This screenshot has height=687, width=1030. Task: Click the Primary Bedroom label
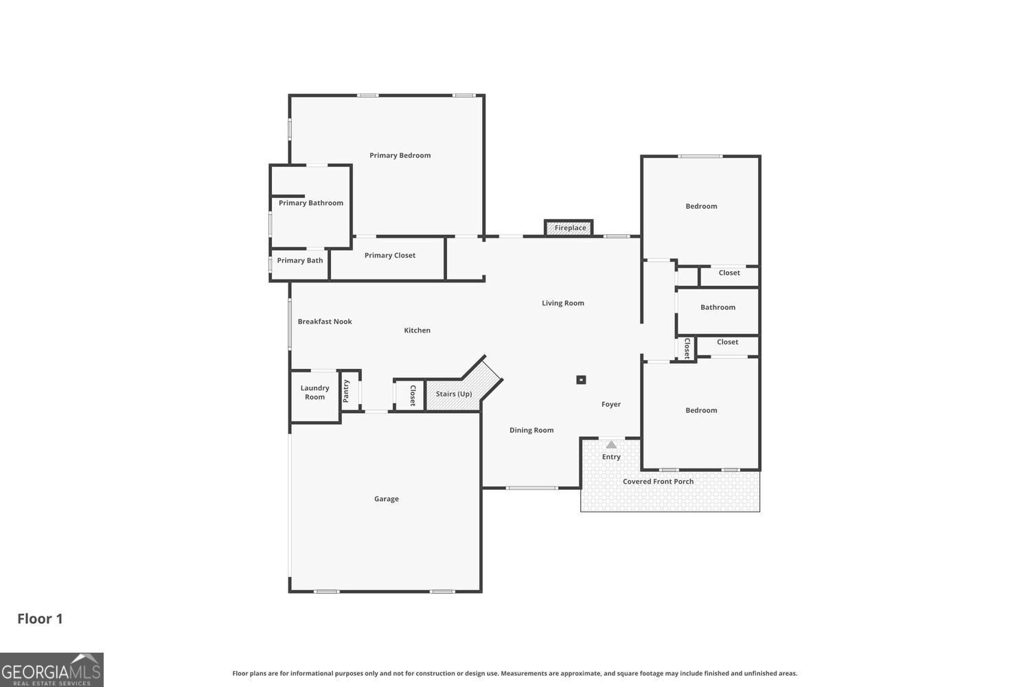click(400, 155)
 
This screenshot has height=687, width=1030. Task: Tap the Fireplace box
click(569, 227)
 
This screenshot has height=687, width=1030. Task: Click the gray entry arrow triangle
click(611, 444)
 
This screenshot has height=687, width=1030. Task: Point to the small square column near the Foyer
click(581, 379)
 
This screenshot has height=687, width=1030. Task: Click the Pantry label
click(346, 391)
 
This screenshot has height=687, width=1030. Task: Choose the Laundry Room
click(314, 392)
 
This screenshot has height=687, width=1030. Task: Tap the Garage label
click(386, 499)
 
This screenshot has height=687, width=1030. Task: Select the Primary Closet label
click(389, 256)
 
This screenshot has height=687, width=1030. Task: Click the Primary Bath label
click(299, 260)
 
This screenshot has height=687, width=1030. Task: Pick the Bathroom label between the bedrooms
click(718, 307)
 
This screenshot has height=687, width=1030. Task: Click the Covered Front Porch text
click(658, 482)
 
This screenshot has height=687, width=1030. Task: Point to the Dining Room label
click(531, 430)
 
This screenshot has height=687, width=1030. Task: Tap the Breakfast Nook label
click(325, 322)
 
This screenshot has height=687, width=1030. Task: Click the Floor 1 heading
click(40, 618)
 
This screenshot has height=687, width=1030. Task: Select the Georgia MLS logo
click(51, 670)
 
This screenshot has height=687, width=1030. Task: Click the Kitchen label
click(417, 330)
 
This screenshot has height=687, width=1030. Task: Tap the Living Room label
click(562, 303)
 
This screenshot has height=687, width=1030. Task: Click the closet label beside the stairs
click(413, 396)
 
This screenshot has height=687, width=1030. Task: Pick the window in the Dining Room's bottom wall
click(531, 488)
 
